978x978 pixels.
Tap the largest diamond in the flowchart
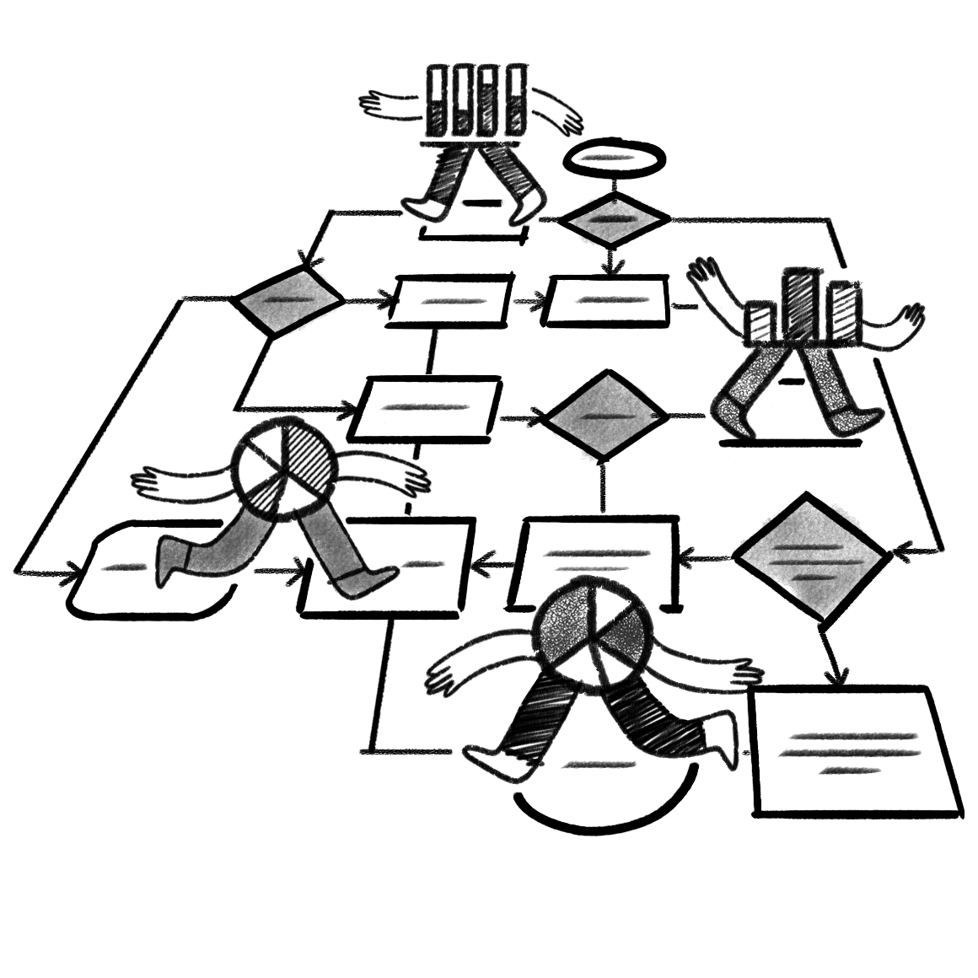click(809, 558)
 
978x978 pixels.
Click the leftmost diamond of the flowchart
click(289, 301)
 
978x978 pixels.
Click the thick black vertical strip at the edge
click(40, 447)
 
